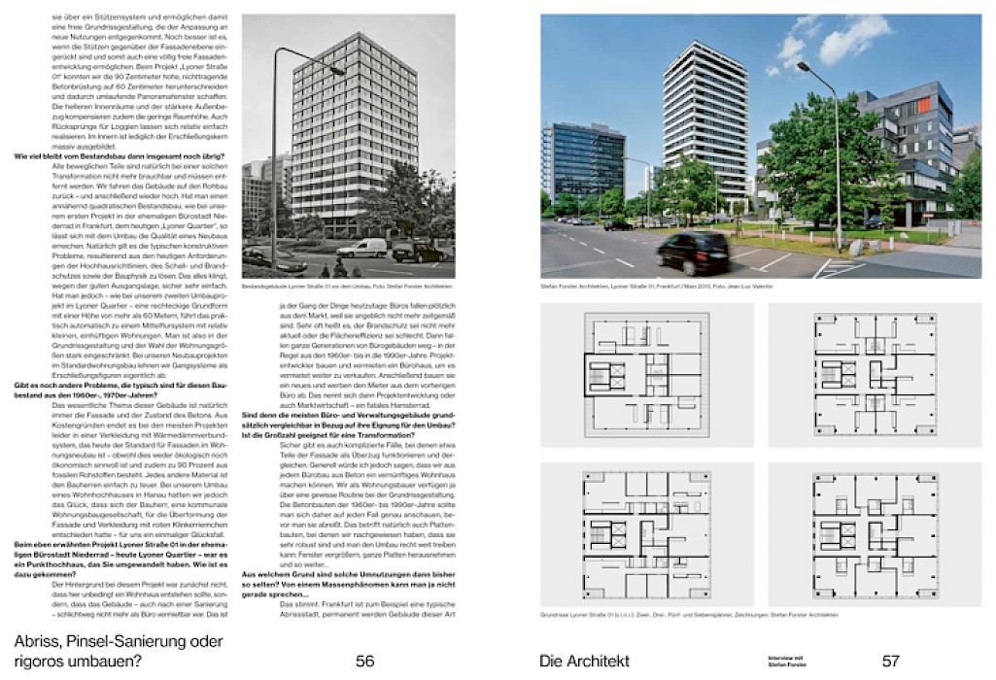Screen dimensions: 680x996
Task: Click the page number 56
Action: click(x=364, y=662)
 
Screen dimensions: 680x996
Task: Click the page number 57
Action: click(x=890, y=662)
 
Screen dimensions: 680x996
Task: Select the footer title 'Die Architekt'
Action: click(x=584, y=662)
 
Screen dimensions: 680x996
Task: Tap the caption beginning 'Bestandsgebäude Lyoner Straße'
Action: click(x=348, y=286)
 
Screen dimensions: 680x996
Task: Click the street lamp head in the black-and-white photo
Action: click(x=337, y=69)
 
